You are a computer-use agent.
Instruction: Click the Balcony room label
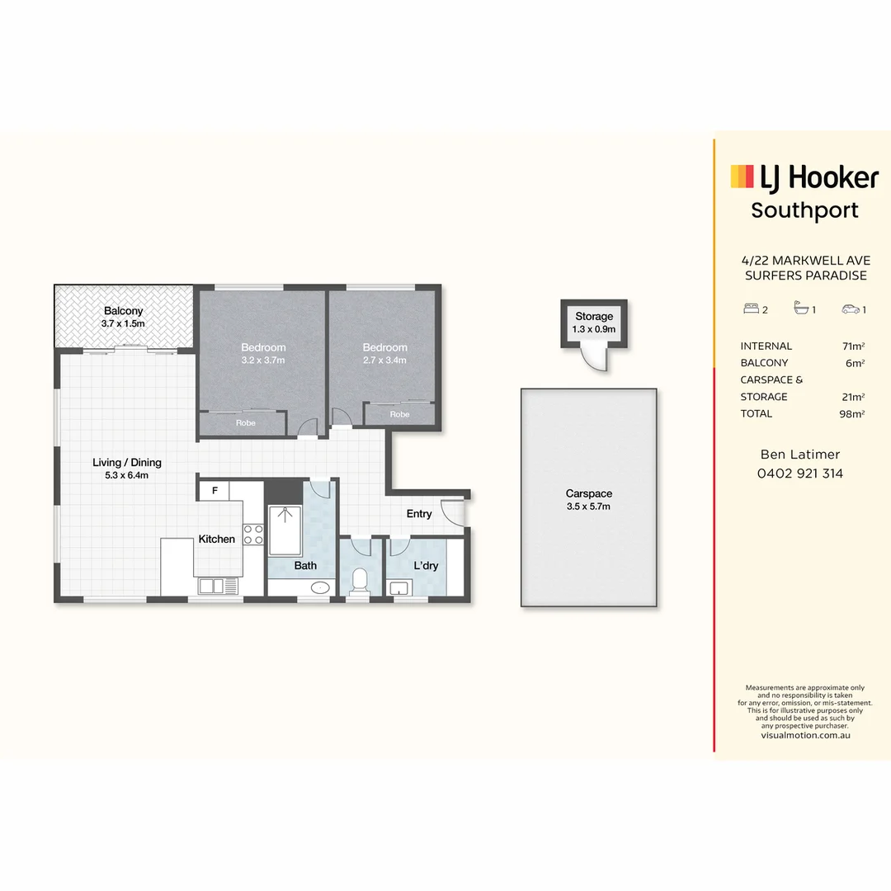click(123, 311)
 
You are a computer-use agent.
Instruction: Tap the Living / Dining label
click(127, 463)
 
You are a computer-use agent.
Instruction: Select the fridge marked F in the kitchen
click(214, 490)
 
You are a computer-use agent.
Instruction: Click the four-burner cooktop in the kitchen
click(253, 535)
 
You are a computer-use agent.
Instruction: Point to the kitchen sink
click(218, 586)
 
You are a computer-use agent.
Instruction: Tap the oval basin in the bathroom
click(320, 587)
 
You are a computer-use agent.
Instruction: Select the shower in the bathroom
click(285, 530)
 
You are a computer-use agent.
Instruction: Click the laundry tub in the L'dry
click(400, 587)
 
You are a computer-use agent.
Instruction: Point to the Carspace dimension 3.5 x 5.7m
click(588, 507)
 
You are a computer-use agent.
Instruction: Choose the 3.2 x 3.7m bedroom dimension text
click(263, 361)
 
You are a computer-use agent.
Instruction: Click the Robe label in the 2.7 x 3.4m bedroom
click(399, 414)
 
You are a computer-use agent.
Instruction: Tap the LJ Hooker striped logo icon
click(742, 177)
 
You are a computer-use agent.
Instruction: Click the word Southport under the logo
click(804, 210)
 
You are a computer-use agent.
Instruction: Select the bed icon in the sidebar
click(752, 309)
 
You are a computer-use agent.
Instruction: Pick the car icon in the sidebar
click(851, 309)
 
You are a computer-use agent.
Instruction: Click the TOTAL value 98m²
click(851, 413)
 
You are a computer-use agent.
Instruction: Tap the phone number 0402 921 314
click(800, 474)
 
